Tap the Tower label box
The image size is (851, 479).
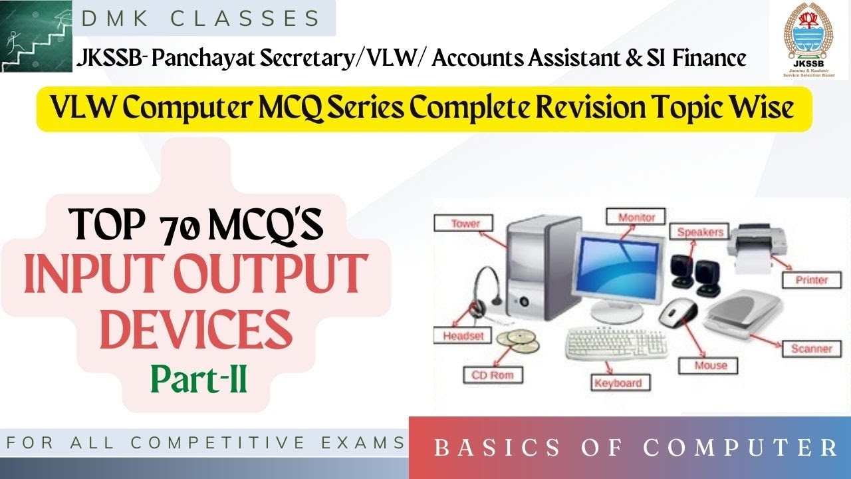click(x=465, y=223)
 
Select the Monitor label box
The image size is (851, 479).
click(x=636, y=217)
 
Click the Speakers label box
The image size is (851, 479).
click(x=699, y=232)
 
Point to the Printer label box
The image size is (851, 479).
click(x=811, y=279)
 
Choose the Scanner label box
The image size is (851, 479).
click(x=811, y=348)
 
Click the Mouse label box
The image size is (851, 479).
click(x=711, y=365)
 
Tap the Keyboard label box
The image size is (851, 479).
click(x=618, y=383)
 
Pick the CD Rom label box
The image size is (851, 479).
click(x=493, y=375)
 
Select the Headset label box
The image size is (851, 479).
click(x=463, y=335)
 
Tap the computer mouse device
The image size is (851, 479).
click(x=679, y=311)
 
